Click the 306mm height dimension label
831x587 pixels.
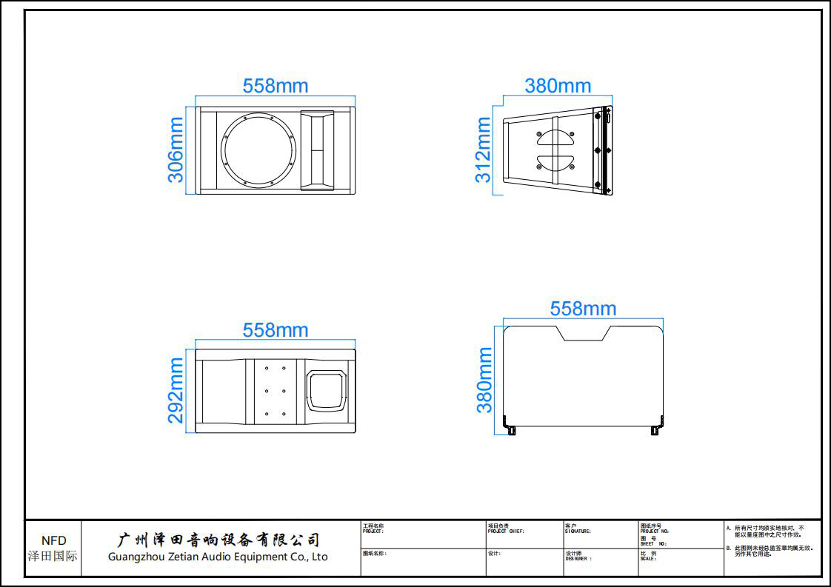(x=176, y=150)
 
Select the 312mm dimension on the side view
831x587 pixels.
(x=483, y=150)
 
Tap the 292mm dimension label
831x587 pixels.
(x=176, y=390)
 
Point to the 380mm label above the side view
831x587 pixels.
(x=558, y=86)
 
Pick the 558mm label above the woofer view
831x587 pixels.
(x=276, y=86)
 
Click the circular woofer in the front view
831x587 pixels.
(x=258, y=150)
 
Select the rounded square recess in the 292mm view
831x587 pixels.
(x=327, y=392)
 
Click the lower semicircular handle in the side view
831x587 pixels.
(x=555, y=163)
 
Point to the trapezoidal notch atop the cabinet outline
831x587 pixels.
(x=586, y=333)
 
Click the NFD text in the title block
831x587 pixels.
(x=53, y=541)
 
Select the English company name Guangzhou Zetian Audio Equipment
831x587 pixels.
(x=218, y=557)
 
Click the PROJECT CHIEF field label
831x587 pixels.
(x=506, y=529)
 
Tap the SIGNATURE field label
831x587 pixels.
(x=578, y=529)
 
